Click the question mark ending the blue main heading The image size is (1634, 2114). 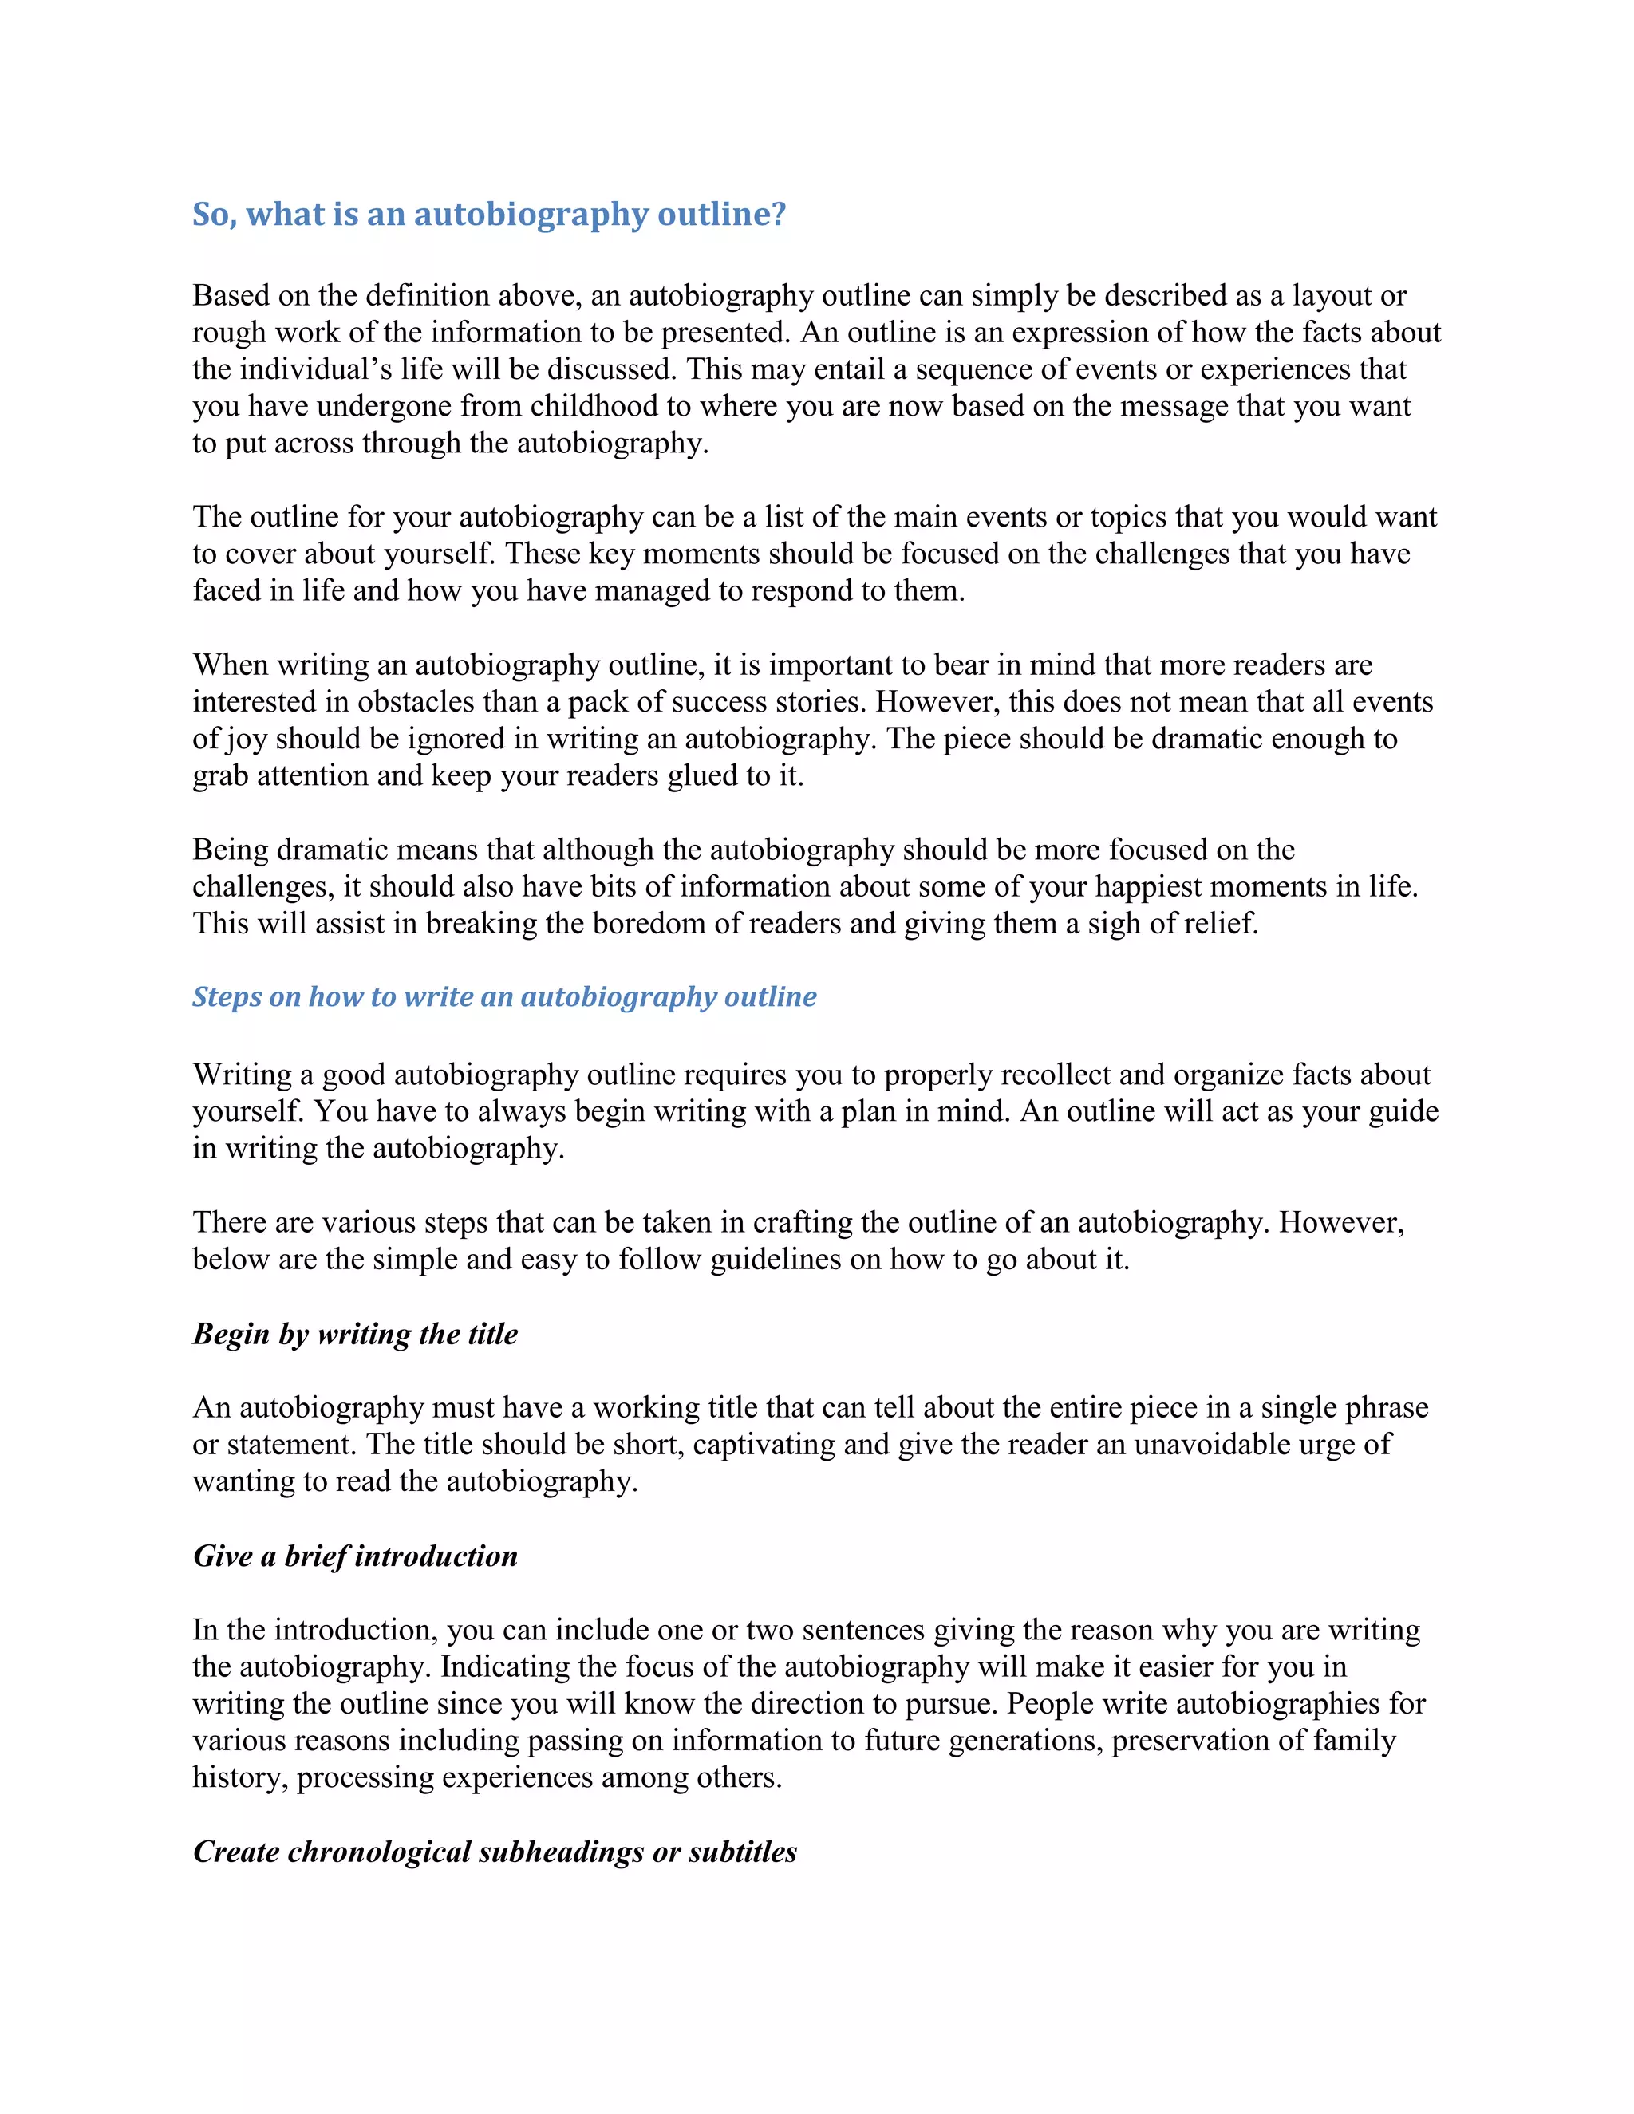point(776,214)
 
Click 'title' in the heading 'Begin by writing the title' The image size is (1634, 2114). point(493,1334)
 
